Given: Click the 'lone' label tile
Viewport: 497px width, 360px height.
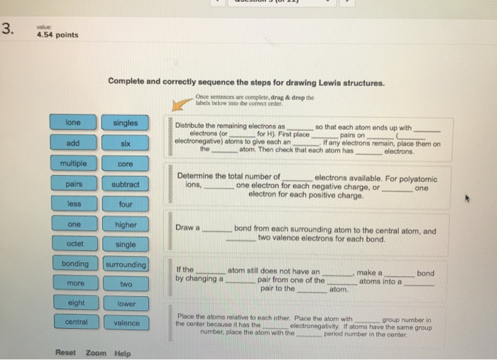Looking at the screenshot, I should click(73, 123).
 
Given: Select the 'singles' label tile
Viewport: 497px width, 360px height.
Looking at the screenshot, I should click(125, 123).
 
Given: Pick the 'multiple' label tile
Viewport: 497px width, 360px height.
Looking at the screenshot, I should click(73, 164).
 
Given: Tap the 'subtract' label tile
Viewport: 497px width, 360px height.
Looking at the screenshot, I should click(125, 184).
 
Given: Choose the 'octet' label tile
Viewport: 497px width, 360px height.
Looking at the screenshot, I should click(73, 244).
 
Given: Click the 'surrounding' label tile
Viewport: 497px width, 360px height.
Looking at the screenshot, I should click(125, 264).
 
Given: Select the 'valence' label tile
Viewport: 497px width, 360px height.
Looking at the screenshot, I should click(125, 322).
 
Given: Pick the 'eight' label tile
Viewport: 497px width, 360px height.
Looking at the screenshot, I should click(73, 303).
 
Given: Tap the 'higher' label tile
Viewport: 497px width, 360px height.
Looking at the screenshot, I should click(125, 224).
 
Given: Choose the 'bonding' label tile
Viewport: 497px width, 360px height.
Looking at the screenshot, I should click(73, 264).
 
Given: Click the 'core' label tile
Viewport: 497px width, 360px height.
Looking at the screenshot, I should click(125, 164).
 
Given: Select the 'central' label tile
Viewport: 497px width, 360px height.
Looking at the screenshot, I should click(73, 322).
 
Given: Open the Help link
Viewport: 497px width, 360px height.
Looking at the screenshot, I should click(122, 352).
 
